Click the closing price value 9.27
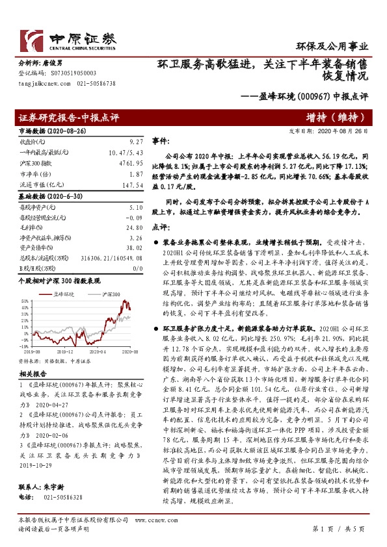[x=136, y=140]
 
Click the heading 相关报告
[x=31, y=375]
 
